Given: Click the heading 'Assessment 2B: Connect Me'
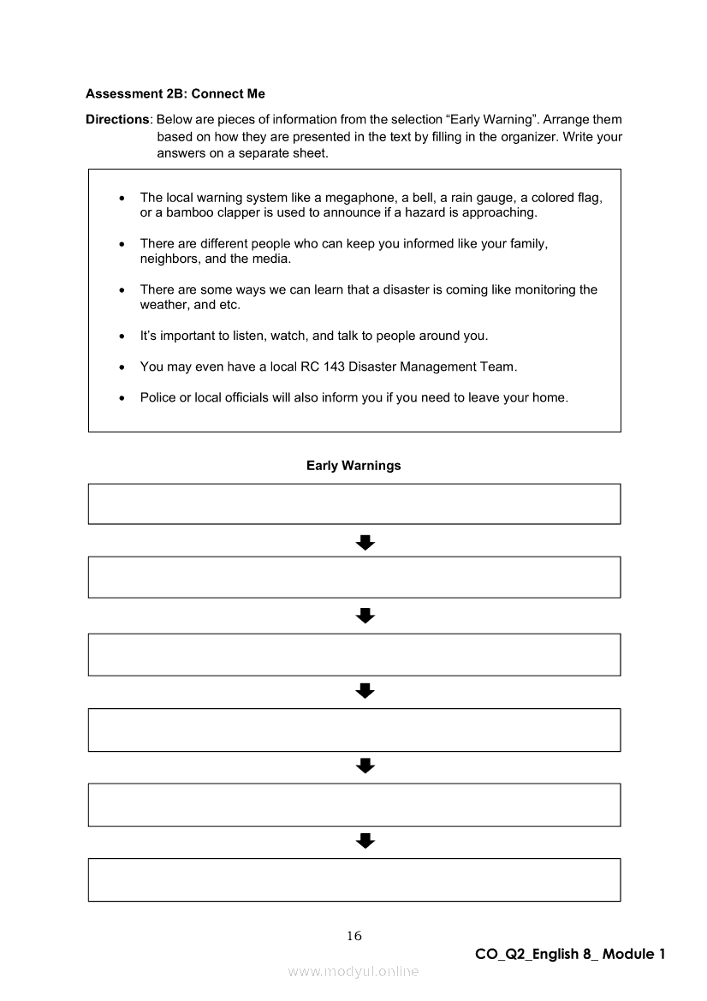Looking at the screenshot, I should (x=175, y=93).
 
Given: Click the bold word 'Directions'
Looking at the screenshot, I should (x=118, y=119).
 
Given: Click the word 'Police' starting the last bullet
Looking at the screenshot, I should (x=157, y=397).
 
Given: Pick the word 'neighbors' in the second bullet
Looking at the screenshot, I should (x=168, y=259).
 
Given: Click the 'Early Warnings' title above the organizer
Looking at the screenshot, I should (x=353, y=466).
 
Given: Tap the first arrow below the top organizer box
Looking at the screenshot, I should (x=365, y=542).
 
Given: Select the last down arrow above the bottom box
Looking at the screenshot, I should (x=365, y=841).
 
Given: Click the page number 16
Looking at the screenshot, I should (x=354, y=936).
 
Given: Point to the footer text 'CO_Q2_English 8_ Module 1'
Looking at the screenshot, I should (x=570, y=954).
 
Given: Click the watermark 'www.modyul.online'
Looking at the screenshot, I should (x=353, y=972).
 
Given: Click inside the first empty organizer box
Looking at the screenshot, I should (x=353, y=503).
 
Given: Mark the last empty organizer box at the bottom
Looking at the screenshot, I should (x=353, y=879).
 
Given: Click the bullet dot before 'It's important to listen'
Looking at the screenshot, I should (x=122, y=337).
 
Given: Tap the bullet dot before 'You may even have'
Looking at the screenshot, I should (x=122, y=367).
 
